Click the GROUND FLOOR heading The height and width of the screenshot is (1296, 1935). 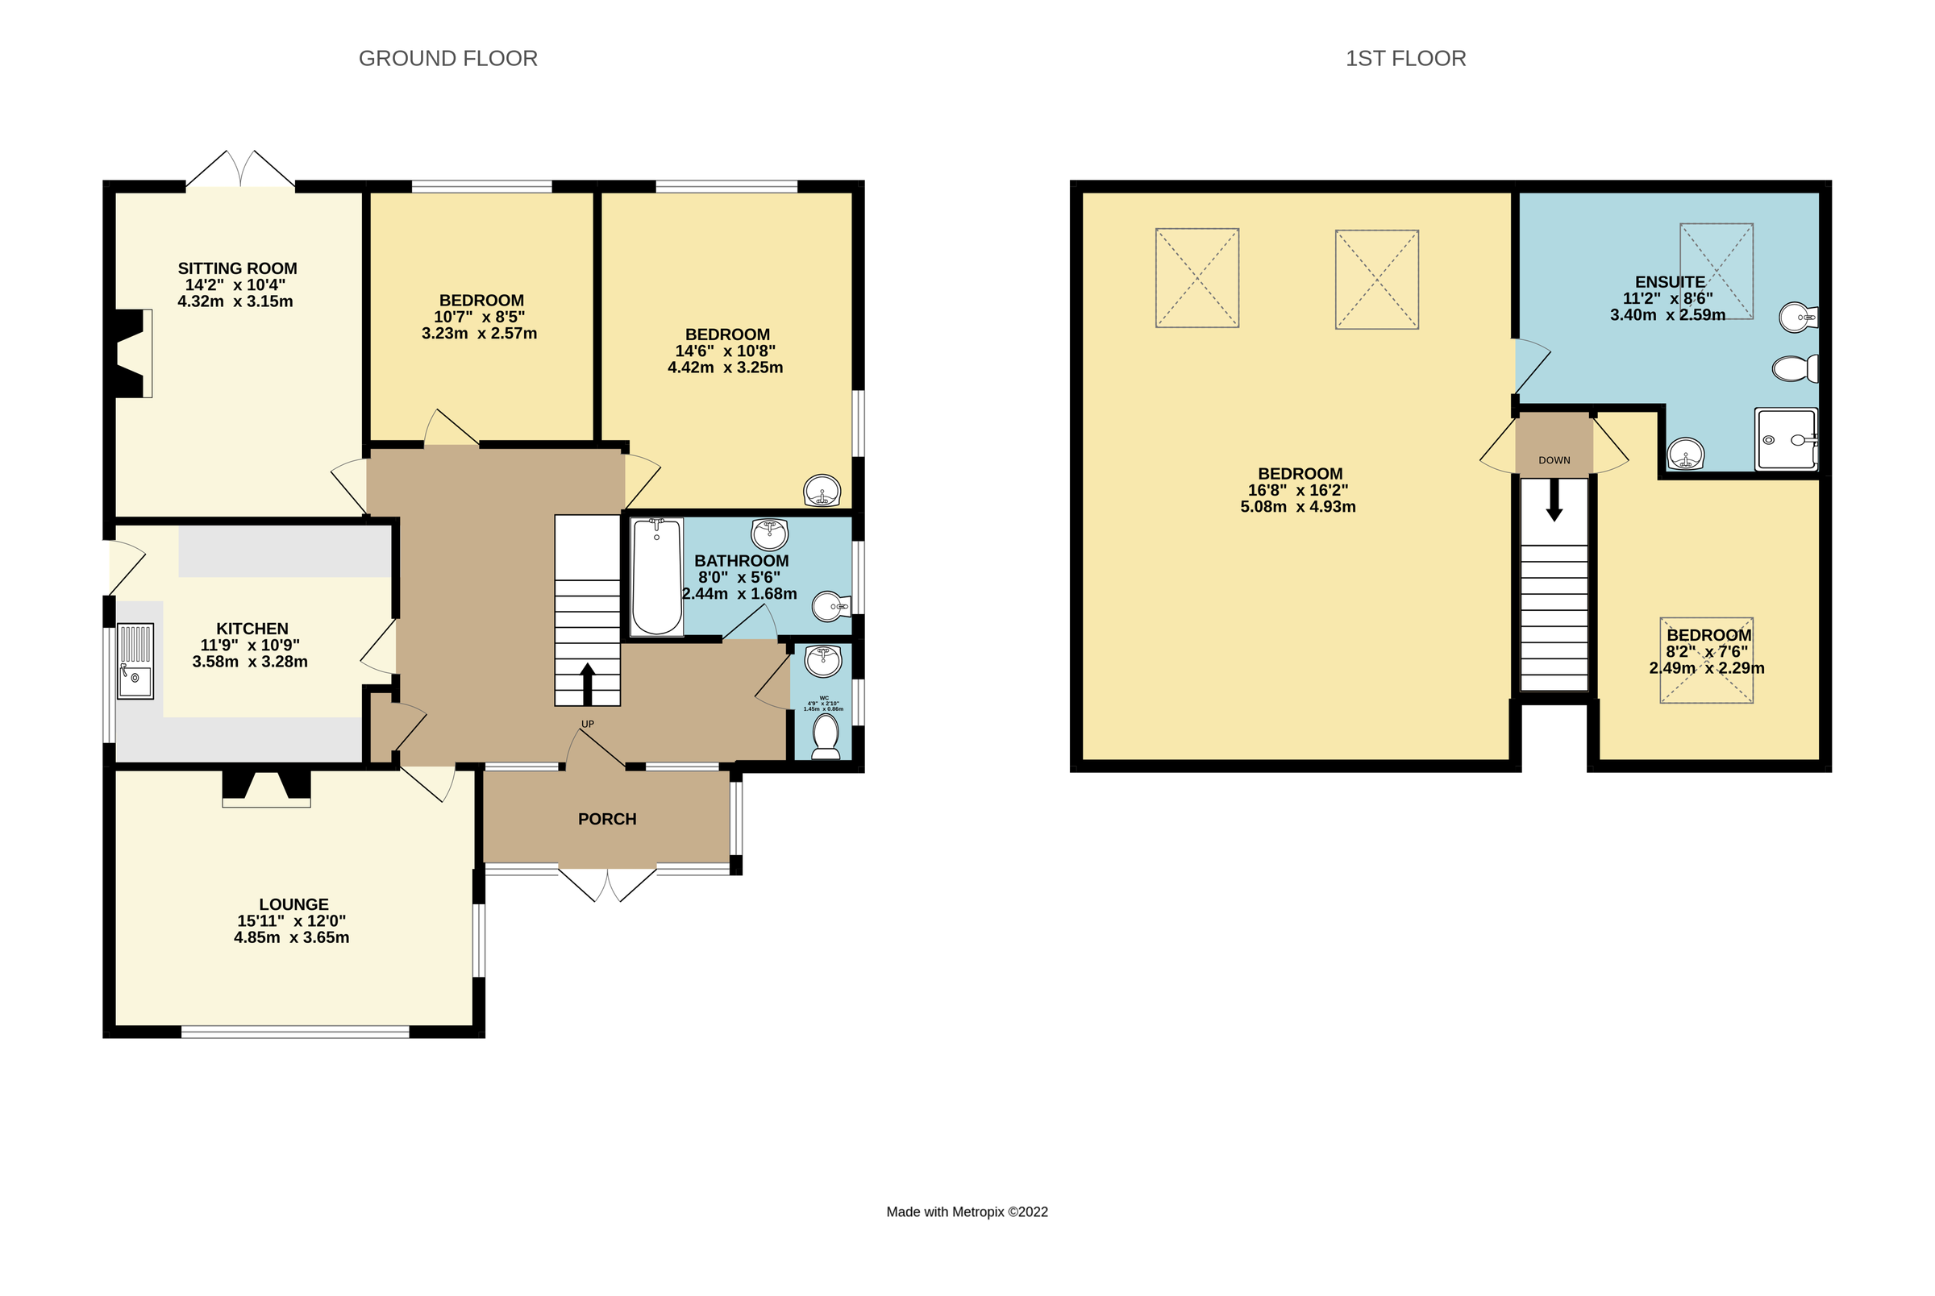[447, 59]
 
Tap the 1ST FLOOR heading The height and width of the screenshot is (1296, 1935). [1404, 59]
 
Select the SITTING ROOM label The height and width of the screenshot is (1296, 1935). [237, 268]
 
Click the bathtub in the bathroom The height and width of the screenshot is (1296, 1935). [656, 576]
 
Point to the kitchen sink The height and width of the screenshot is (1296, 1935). [135, 660]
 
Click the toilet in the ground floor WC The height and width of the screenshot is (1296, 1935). [825, 735]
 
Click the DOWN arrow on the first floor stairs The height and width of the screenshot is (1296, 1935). [1553, 500]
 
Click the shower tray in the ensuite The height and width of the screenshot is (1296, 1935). [1784, 441]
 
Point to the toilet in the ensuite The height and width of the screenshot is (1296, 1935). [1794, 368]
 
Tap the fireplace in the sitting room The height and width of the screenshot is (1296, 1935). [133, 354]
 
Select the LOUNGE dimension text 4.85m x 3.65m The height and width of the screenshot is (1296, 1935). [291, 937]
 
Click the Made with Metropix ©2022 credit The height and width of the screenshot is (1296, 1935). [966, 1211]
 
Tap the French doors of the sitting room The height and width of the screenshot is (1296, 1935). [239, 170]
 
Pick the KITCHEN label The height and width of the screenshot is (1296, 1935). [252, 629]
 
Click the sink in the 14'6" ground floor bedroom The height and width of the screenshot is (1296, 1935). [822, 490]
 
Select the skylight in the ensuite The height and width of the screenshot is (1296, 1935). [1716, 270]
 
